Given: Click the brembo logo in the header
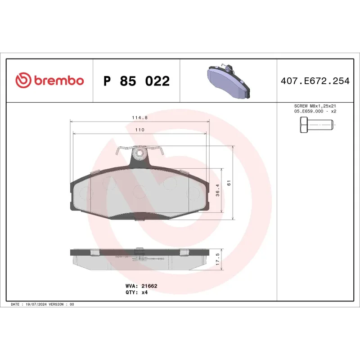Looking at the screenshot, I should click(x=49, y=81).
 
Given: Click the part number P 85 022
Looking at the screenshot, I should click(x=136, y=81).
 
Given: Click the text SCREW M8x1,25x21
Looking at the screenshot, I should click(x=315, y=106).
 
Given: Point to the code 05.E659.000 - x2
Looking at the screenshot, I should click(x=315, y=111).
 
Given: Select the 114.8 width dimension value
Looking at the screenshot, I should click(x=140, y=117).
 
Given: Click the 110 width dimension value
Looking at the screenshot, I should click(x=139, y=130).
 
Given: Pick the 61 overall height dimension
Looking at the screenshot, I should click(x=229, y=183).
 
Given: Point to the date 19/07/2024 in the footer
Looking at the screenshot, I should click(x=37, y=305).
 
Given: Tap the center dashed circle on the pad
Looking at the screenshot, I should click(x=139, y=191).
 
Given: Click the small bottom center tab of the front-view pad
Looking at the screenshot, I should click(x=139, y=219).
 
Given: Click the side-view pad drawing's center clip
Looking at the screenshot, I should click(x=139, y=255).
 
